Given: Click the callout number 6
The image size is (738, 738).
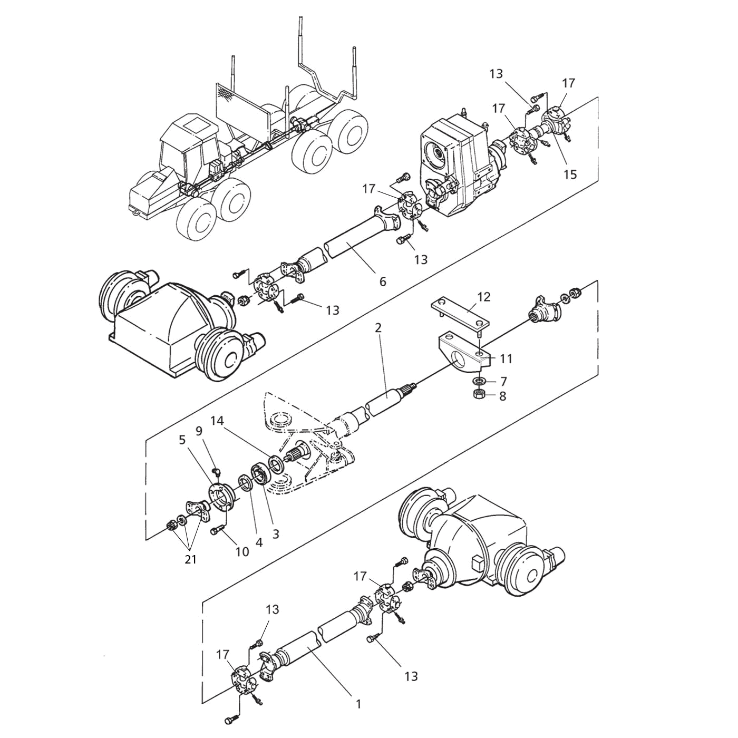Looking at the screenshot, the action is [x=382, y=281].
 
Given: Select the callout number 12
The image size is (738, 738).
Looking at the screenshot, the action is [x=484, y=297].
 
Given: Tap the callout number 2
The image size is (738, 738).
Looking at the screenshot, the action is [x=378, y=328].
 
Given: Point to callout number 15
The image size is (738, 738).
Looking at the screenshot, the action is [x=570, y=174].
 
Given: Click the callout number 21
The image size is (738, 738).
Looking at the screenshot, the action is [x=190, y=559].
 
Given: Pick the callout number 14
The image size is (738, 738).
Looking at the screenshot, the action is [x=217, y=421].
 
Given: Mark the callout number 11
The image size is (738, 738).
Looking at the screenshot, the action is [x=506, y=359].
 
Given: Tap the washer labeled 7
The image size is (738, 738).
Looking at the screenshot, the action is [x=479, y=381].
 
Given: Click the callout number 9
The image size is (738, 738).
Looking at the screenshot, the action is [x=199, y=431].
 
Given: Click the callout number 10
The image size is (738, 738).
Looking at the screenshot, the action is [x=242, y=551].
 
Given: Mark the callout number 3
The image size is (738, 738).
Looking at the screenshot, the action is [x=276, y=533].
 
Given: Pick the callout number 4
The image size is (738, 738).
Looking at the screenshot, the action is [x=259, y=542].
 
